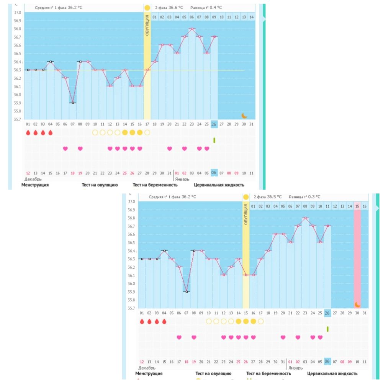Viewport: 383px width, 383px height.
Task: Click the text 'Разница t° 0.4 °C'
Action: coord(206,8)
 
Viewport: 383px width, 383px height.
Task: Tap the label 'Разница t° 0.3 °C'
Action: coord(305,197)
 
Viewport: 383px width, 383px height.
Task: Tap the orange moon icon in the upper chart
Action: coord(244,115)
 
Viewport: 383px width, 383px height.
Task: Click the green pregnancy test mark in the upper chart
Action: coord(214,140)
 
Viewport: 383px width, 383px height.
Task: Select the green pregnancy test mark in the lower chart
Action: coord(327,329)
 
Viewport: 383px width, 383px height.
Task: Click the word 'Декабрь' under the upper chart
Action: coord(33,179)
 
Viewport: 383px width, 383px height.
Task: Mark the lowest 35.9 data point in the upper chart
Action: coord(73,103)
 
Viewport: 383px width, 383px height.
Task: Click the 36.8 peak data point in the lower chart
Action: coord(305,218)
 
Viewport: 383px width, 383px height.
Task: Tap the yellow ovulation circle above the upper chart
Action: coord(147,8)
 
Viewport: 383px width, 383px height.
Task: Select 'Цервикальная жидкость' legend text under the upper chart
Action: coord(219,185)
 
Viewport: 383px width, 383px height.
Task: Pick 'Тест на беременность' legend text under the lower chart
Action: coord(268,373)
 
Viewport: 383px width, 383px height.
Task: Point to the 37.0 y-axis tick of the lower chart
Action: coord(132,201)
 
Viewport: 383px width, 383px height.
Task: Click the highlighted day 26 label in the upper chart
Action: coord(214,124)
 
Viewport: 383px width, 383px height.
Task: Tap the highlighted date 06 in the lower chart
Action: coord(327,362)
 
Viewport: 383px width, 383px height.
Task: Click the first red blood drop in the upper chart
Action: coord(28,133)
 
